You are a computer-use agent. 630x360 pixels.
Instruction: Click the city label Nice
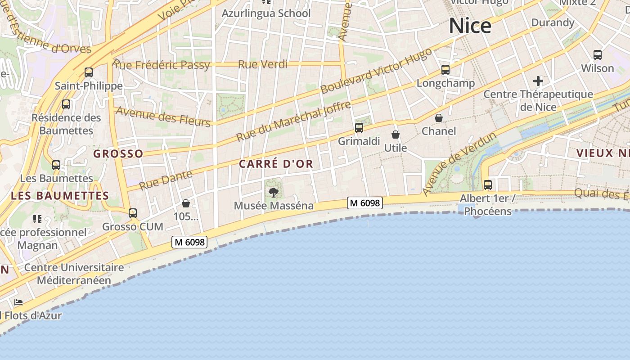tap(470, 26)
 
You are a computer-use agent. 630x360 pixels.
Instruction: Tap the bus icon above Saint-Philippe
tap(89, 72)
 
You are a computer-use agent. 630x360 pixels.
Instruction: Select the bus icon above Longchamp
tap(445, 70)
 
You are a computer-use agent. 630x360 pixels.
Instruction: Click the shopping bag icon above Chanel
tap(439, 118)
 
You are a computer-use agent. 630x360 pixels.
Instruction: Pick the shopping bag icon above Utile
tap(396, 135)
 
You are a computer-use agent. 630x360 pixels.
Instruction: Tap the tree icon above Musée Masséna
tap(273, 193)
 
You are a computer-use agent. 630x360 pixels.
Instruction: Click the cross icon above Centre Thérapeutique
tap(538, 81)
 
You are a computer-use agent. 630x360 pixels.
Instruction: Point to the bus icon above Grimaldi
tap(359, 128)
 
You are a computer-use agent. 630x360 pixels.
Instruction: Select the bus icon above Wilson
tap(598, 55)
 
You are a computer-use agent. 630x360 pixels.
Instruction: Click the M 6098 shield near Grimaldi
tap(365, 203)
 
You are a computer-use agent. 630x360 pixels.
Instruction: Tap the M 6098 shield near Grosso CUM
tap(189, 242)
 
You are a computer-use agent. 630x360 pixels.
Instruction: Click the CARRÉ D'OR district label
tap(276, 164)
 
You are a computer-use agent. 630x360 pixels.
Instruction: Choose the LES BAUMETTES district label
tap(60, 196)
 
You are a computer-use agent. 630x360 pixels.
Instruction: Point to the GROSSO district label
tap(118, 154)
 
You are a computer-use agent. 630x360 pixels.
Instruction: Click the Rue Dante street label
tap(165, 180)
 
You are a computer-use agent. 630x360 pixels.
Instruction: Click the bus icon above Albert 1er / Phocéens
tap(488, 184)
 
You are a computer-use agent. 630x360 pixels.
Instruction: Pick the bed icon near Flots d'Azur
tap(18, 302)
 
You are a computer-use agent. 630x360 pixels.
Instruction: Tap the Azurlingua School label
tap(266, 13)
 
